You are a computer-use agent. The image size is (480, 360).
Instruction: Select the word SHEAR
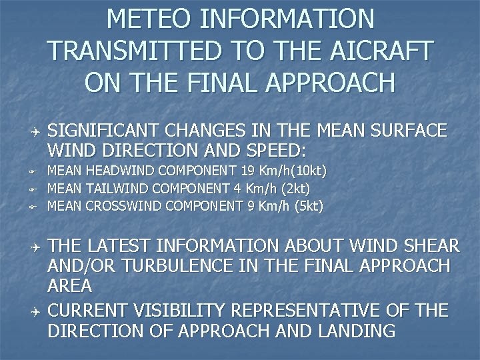pyautogui.click(x=428, y=247)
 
